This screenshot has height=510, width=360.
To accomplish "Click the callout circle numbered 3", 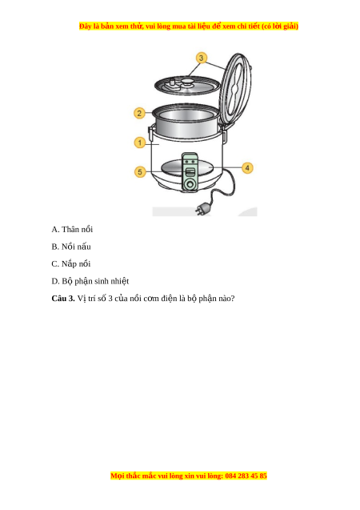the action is click(x=201, y=58).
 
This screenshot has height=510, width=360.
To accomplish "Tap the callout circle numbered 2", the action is click(x=139, y=113).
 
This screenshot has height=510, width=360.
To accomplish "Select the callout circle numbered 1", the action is click(x=140, y=143).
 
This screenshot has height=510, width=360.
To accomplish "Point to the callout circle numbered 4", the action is click(x=247, y=168).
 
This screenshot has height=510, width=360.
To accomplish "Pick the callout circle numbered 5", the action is click(x=140, y=171).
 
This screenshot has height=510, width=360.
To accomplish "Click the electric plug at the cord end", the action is click(x=202, y=208).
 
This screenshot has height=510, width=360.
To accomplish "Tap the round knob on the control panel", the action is click(x=189, y=184).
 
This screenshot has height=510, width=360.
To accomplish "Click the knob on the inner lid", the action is click(x=187, y=82).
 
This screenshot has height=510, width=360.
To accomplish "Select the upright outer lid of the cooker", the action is click(x=235, y=90).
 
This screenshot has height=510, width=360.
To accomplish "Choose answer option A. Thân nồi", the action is click(x=72, y=229).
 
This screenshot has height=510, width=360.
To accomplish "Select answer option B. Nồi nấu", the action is click(x=71, y=247).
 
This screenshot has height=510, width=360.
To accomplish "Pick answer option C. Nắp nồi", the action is click(x=71, y=263).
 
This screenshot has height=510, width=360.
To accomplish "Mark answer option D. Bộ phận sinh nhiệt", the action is click(x=90, y=281).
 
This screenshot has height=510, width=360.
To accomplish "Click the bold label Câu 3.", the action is click(x=63, y=299).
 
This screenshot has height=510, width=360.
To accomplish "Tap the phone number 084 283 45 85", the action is click(x=246, y=476).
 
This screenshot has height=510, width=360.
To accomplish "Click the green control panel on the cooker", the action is click(x=189, y=171).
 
